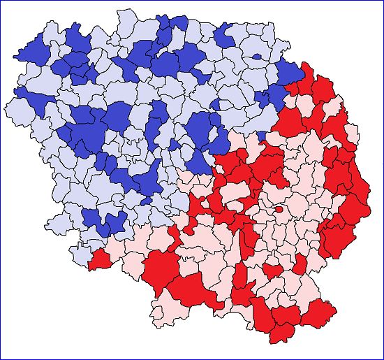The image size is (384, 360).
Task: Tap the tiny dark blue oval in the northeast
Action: coord(258,57)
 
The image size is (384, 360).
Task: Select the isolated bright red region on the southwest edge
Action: coord(99,259)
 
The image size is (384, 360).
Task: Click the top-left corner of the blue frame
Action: coord(1,1)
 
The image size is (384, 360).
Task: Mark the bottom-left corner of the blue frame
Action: coord(1,359)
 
